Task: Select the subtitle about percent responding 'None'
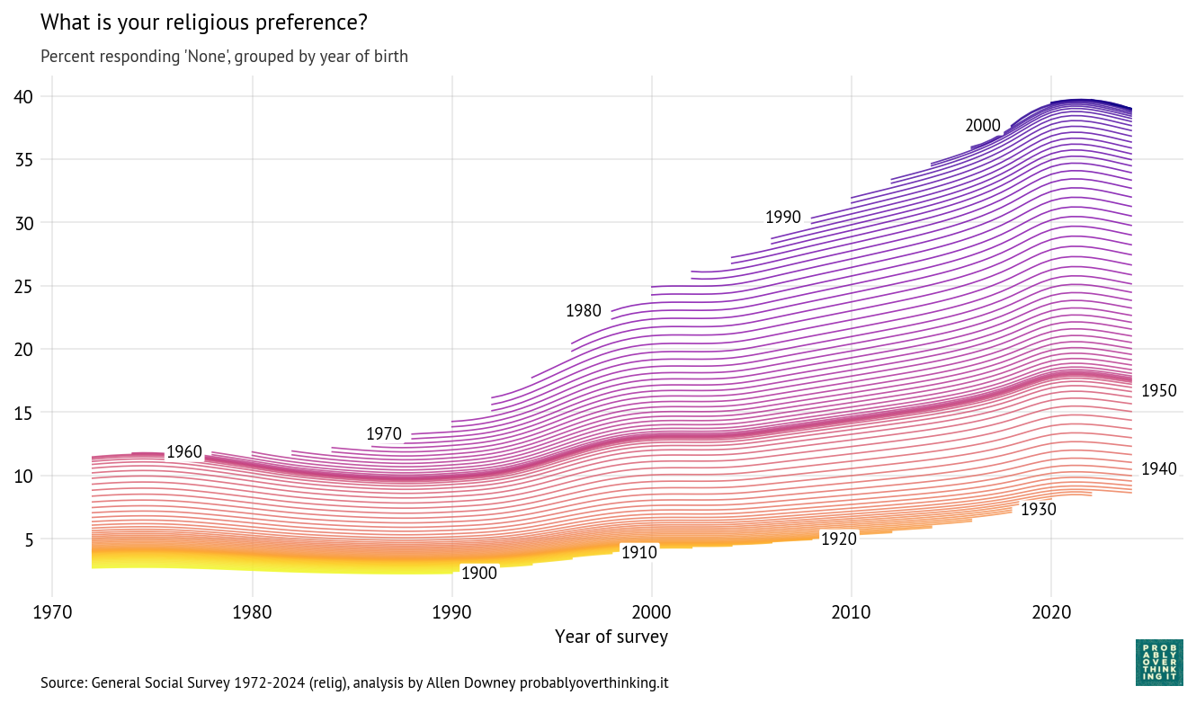click(x=224, y=57)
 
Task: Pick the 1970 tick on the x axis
click(x=52, y=612)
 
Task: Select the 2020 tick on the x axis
click(x=1051, y=612)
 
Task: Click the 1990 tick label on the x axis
click(x=451, y=612)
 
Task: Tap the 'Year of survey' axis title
click(x=611, y=637)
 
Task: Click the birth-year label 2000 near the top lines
click(x=983, y=126)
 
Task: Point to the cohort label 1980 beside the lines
click(x=583, y=311)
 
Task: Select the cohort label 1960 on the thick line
click(x=184, y=452)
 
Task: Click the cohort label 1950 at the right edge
click(x=1158, y=391)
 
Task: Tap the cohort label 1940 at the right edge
click(x=1158, y=469)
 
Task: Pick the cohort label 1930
click(x=1039, y=510)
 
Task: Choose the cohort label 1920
click(x=839, y=539)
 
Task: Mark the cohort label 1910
click(x=639, y=553)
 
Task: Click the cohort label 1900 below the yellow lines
click(x=479, y=574)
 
